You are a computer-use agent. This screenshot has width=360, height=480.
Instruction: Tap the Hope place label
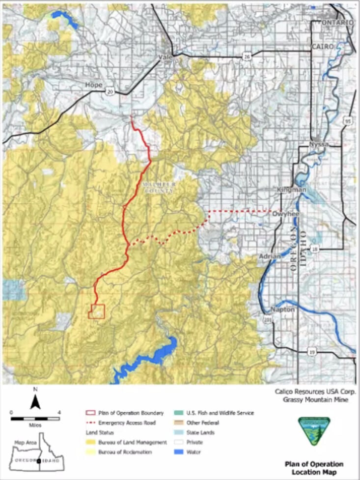coord(94,85)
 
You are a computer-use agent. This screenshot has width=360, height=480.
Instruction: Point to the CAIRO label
coord(322,46)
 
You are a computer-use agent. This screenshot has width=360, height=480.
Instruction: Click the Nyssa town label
coord(318,144)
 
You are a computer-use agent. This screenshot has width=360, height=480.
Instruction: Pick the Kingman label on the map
coord(292,190)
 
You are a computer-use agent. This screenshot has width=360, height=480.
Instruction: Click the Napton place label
coord(282,310)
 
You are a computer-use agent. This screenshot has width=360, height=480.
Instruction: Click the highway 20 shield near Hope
coord(110,91)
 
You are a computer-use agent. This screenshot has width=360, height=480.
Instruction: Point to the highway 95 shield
coord(349,120)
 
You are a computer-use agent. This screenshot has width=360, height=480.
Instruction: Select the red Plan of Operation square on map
coord(97,311)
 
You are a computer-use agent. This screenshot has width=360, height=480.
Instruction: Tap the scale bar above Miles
coord(35,419)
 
